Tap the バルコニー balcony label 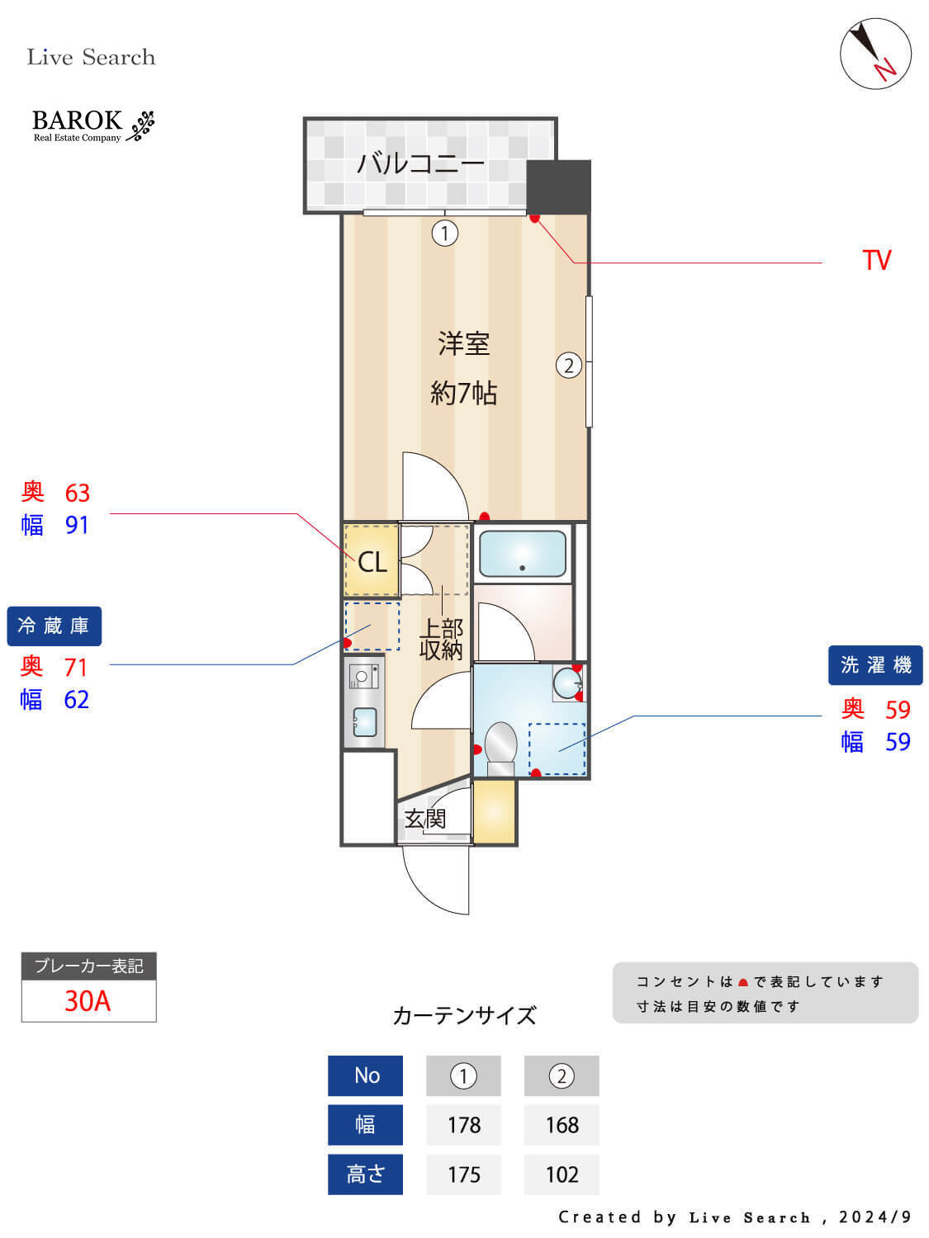421,164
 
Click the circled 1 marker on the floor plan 444,233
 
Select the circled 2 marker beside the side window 569,366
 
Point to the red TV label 876,261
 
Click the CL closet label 372,562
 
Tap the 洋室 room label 463,343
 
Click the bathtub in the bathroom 523,553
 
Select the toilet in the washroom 501,748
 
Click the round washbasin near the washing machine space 566,683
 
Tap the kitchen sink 364,722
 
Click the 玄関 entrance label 424,819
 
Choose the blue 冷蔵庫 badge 55,626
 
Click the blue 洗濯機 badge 875,665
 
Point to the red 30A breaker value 88,1001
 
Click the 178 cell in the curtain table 463,1125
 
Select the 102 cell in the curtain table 562,1174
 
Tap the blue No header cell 366,1075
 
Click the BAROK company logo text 78,120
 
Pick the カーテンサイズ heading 464,1016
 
